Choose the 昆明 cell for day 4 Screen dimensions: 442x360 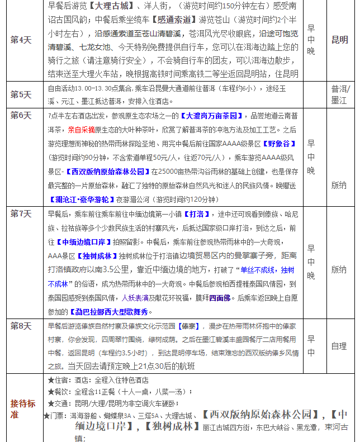click(x=339, y=40)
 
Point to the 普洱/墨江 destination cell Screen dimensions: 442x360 click(x=339, y=94)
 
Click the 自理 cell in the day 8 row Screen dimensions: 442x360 click(x=339, y=346)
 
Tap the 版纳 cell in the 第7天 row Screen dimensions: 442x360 click(x=339, y=269)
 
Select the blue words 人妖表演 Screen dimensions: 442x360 click(x=135, y=297)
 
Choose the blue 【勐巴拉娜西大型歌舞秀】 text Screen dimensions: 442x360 click(x=108, y=311)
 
